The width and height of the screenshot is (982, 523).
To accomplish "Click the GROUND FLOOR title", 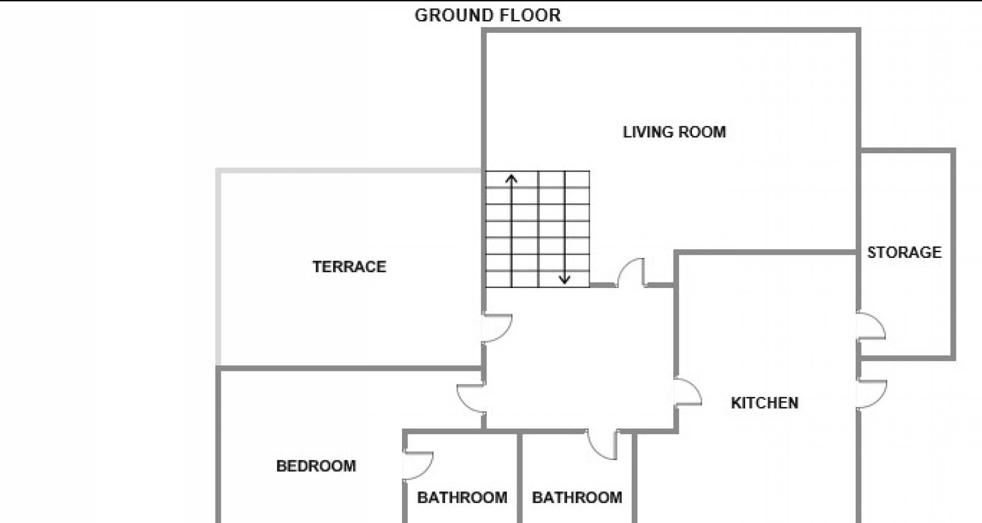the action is pyautogui.click(x=487, y=15).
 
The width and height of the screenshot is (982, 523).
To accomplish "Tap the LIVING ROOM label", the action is pyautogui.click(x=674, y=132).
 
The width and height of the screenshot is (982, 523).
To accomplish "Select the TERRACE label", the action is pyautogui.click(x=349, y=267).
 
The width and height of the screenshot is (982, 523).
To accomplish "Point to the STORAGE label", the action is pyautogui.click(x=904, y=252).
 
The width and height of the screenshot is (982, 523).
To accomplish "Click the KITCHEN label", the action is pyautogui.click(x=765, y=403).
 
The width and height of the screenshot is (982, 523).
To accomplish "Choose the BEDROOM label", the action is pyautogui.click(x=316, y=466).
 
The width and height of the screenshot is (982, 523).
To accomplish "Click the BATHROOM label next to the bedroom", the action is pyautogui.click(x=462, y=497).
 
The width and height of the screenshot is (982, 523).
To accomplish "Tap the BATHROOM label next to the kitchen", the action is pyautogui.click(x=577, y=497).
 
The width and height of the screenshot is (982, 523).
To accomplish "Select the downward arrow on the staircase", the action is pyautogui.click(x=565, y=228).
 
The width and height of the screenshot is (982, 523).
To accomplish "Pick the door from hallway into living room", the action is pyautogui.click(x=631, y=273).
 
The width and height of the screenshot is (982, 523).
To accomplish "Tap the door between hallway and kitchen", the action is pyautogui.click(x=687, y=392).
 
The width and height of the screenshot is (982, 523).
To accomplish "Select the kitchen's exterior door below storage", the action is pyautogui.click(x=872, y=394).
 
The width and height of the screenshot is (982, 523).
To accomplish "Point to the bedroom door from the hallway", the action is pyautogui.click(x=471, y=399).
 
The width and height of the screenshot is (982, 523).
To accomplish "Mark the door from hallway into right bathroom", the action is pyautogui.click(x=603, y=445).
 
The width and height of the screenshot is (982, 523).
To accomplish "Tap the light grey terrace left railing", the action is pyautogui.click(x=218, y=268).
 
